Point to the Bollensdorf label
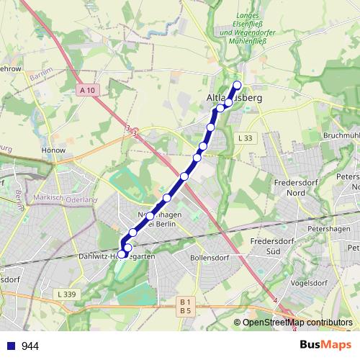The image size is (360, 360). click(210, 256)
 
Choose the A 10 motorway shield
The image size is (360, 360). click(87, 90)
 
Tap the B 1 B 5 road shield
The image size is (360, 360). click(185, 305)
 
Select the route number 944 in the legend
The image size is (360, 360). click(30, 346)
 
